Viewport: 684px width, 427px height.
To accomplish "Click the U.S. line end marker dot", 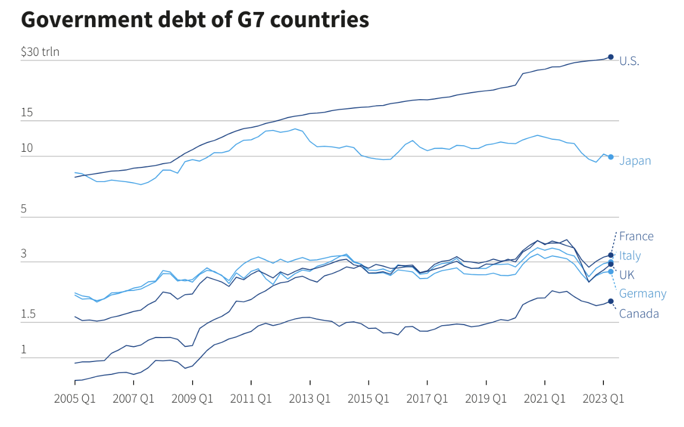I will (610, 57).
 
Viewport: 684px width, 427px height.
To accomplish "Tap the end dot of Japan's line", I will (610, 157).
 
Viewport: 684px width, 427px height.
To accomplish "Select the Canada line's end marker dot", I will (610, 301).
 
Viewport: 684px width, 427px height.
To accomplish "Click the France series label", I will (636, 236).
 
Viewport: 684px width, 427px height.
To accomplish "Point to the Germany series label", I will (642, 294).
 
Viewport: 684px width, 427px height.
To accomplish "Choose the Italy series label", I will (630, 256).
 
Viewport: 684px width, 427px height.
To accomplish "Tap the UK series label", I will (627, 274).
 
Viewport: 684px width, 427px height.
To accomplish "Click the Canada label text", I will (639, 314).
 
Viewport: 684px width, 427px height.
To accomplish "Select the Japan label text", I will (635, 161).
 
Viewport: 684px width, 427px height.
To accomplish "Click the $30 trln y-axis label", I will (40, 52).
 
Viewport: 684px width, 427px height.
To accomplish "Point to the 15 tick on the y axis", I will (27, 113).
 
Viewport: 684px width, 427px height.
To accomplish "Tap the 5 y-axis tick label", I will (24, 209).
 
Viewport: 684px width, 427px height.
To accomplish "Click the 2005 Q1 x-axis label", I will (75, 399).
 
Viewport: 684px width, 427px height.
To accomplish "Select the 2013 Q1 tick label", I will (310, 399).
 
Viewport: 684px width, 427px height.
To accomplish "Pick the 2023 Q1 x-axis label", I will (603, 399).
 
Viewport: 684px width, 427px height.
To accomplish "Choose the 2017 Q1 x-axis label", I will (427, 399).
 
